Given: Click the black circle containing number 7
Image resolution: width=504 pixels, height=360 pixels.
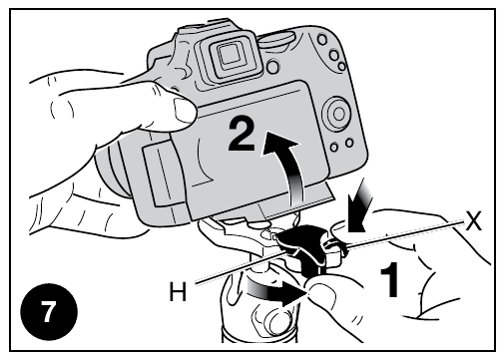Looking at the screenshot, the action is click(x=49, y=312).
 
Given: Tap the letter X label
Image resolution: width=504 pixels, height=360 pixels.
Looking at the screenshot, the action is click(x=473, y=220).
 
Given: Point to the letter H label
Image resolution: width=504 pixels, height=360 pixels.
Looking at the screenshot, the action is click(x=178, y=291).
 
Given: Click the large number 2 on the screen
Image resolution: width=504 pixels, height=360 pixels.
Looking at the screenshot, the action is click(x=242, y=136).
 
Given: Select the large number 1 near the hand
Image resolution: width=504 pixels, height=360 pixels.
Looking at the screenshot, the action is click(x=389, y=279).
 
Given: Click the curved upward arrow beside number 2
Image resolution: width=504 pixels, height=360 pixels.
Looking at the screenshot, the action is click(x=292, y=167).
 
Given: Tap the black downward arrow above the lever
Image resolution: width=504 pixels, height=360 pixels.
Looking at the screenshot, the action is click(x=359, y=207).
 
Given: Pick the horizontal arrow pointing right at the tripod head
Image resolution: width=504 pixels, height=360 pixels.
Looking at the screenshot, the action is click(x=276, y=291).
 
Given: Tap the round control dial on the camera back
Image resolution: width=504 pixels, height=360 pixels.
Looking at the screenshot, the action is click(x=336, y=114).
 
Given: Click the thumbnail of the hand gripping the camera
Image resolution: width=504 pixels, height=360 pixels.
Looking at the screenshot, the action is click(x=184, y=109).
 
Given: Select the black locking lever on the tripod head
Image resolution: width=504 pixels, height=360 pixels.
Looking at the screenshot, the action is click(x=301, y=246).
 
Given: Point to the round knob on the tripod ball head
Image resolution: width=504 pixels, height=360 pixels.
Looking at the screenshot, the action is click(x=278, y=321).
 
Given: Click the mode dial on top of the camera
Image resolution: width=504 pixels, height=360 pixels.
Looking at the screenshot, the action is click(x=276, y=39).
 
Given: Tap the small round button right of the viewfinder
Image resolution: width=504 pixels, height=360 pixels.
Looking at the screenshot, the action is click(x=272, y=67).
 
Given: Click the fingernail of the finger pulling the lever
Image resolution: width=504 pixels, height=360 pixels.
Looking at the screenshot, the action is click(x=322, y=292).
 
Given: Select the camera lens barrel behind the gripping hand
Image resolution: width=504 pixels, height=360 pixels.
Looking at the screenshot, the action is click(x=113, y=170).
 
